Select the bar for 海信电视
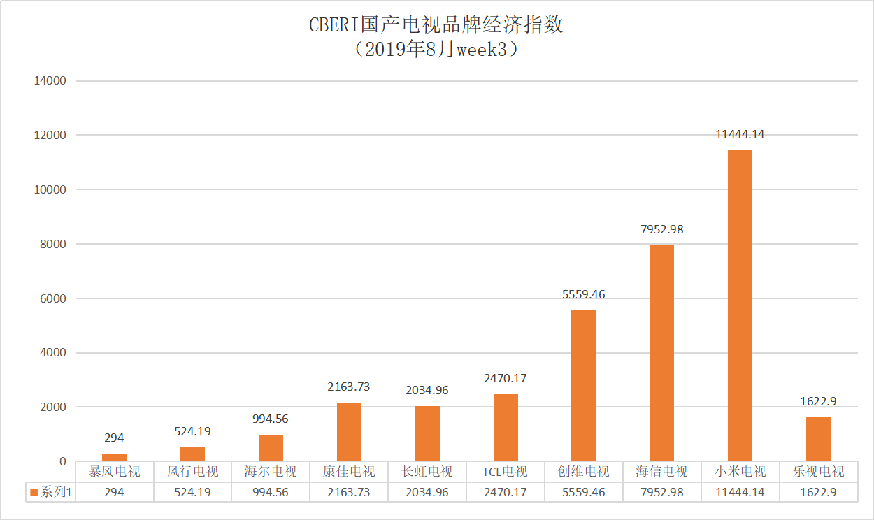661,353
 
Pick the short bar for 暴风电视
114,457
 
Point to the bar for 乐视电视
818,439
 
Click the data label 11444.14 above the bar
740,135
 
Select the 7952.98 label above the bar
661,229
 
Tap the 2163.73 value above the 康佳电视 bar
349,387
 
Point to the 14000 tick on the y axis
50,81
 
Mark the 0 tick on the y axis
62,461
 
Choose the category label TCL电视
505,472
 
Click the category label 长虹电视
427,472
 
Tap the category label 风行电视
192,472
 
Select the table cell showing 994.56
271,493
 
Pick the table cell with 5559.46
584,493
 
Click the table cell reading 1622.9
818,493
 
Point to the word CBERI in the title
334,26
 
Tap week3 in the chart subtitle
485,50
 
